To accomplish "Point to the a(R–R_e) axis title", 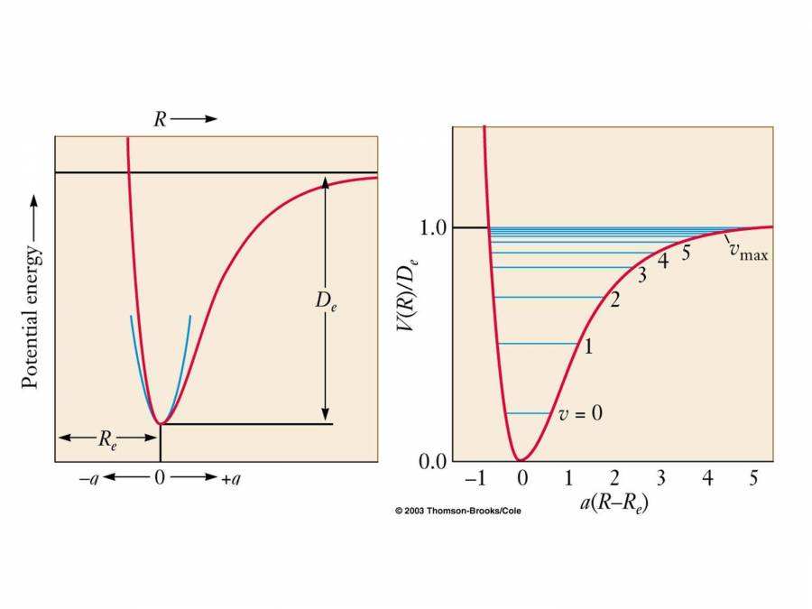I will [x=614, y=503].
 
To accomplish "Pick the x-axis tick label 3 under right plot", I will [x=661, y=478].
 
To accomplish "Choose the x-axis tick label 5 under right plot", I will [x=753, y=478].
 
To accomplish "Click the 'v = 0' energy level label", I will [x=580, y=413].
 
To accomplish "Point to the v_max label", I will [x=748, y=254].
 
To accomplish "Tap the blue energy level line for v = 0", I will [x=529, y=413].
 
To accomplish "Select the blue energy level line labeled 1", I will [x=537, y=344].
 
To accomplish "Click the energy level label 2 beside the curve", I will [x=614, y=300].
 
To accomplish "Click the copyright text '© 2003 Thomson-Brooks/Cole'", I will [x=457, y=511].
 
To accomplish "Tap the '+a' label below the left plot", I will [x=230, y=479].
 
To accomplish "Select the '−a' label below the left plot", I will [x=88, y=479].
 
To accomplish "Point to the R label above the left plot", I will [x=160, y=119].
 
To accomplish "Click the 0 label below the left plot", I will [x=160, y=479].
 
